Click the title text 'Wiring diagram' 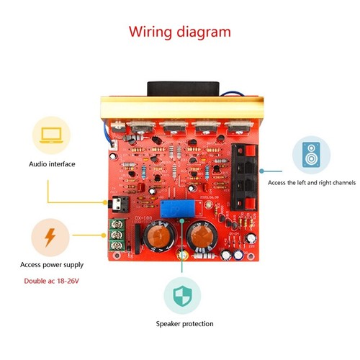(x=180, y=32)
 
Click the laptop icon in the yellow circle (x=52, y=135)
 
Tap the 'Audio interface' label (x=52, y=164)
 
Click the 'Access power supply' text (x=52, y=265)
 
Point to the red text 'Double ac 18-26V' (x=53, y=279)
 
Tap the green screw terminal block (x=117, y=233)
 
